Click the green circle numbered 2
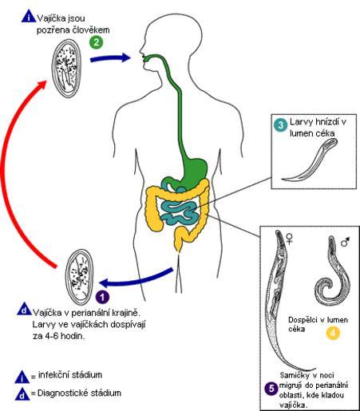pos(97,42)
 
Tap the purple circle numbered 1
pos(102,297)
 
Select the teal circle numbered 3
pos(281,124)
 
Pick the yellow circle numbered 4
pos(333,333)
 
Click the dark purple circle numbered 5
pos(271,389)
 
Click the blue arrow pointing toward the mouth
pos(110,58)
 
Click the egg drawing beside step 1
pos(79,277)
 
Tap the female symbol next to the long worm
pos(290,239)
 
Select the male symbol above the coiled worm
pos(345,242)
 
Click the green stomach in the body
pos(196,171)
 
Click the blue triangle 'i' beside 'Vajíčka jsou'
pos(29,17)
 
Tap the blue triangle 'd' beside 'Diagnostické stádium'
pos(23,394)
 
